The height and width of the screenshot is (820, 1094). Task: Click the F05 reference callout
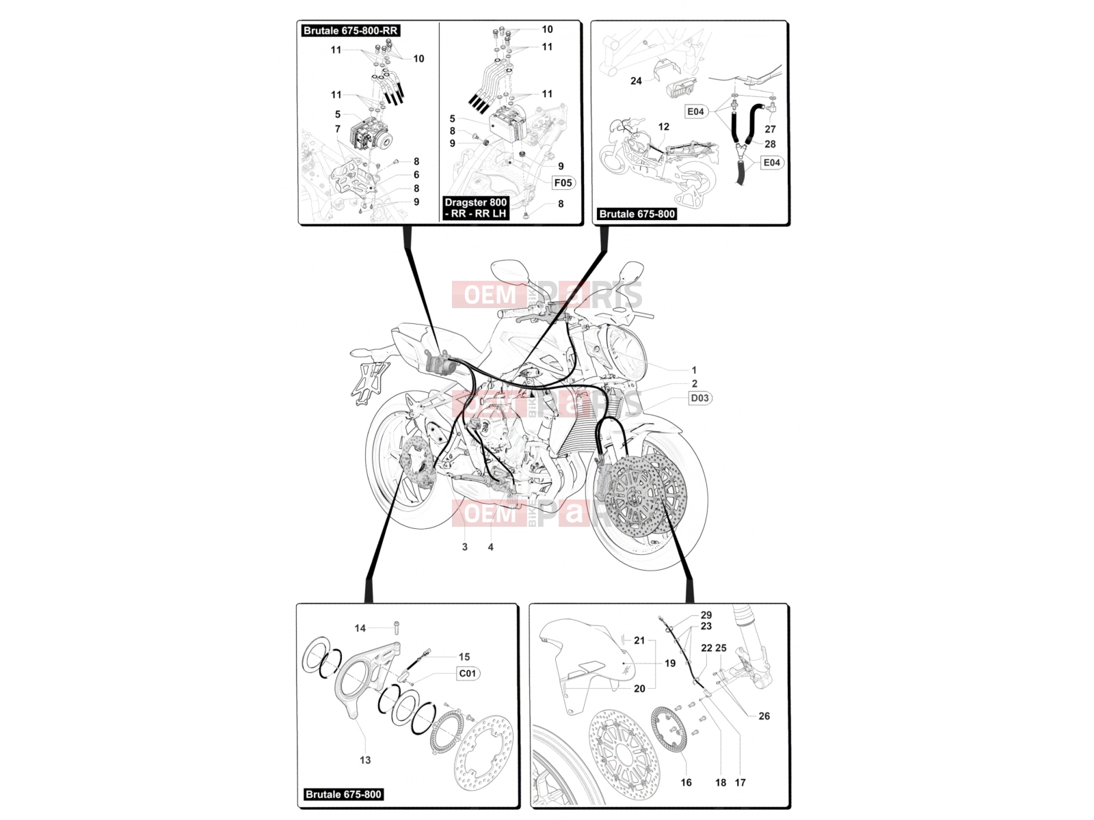point(563,182)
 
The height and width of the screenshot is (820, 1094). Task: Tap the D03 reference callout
point(699,398)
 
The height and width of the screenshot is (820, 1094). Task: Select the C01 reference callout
point(467,674)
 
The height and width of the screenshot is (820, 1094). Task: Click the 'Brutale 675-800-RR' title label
point(350,30)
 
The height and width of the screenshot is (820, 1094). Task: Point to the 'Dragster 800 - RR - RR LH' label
point(475,208)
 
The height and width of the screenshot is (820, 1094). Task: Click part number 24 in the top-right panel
point(636,81)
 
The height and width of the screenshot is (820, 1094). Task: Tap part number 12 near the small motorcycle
point(663,126)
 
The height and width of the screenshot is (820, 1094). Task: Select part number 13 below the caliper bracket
point(365,761)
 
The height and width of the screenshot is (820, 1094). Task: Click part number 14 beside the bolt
point(360,628)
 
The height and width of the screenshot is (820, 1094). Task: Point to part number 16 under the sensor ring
point(686,782)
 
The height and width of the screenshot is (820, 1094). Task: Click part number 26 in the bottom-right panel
point(764,716)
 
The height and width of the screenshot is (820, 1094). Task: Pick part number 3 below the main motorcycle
point(464,547)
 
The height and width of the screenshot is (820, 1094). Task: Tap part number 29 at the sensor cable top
point(706,615)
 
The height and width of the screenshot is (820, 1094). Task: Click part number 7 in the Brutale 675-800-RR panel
point(337,129)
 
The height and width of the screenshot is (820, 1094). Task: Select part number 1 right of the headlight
point(694,370)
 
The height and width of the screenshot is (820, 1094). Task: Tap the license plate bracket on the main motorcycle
point(368,383)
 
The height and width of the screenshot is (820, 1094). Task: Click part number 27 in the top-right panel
point(770,129)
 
